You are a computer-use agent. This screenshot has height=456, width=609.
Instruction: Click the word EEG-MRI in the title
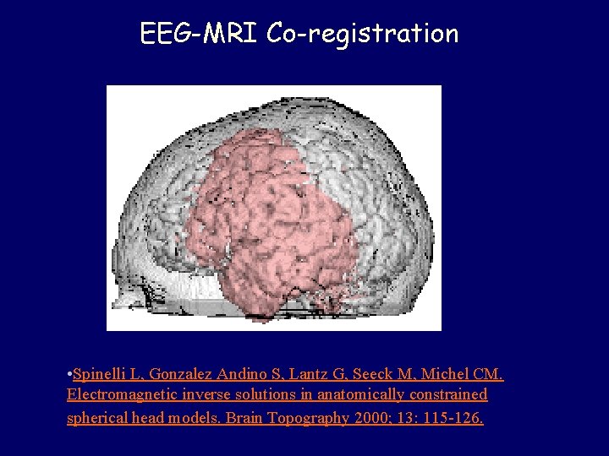click(199, 34)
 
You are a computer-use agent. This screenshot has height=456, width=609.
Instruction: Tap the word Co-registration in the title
click(362, 34)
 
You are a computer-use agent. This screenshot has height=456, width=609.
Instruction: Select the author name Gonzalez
click(181, 373)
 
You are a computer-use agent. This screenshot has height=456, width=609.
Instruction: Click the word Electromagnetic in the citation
click(121, 395)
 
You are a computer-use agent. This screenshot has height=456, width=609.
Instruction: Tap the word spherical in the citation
click(97, 418)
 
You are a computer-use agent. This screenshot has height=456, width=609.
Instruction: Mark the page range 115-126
click(454, 418)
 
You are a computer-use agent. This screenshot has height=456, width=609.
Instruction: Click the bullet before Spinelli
click(69, 373)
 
